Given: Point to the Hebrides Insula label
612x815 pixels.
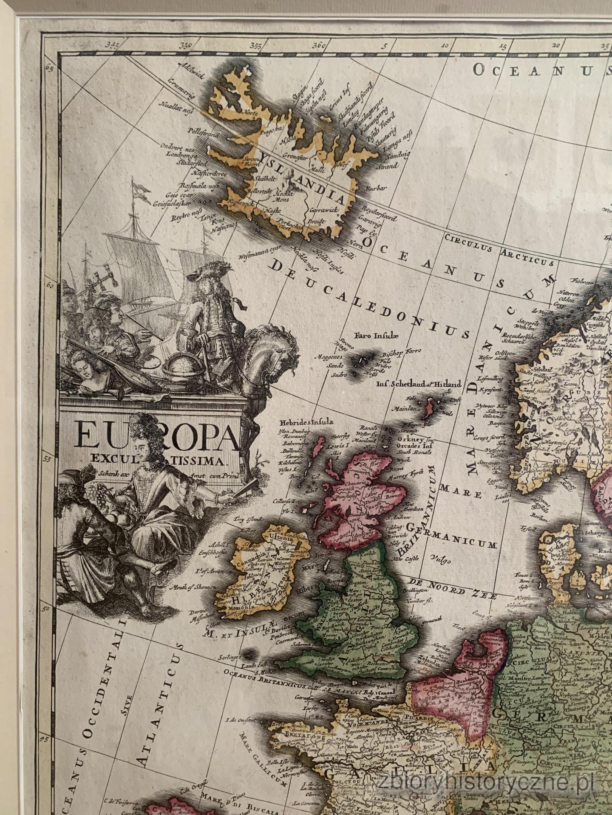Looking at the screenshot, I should (306, 422).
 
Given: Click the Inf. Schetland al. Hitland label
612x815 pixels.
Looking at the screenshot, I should (419, 385).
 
